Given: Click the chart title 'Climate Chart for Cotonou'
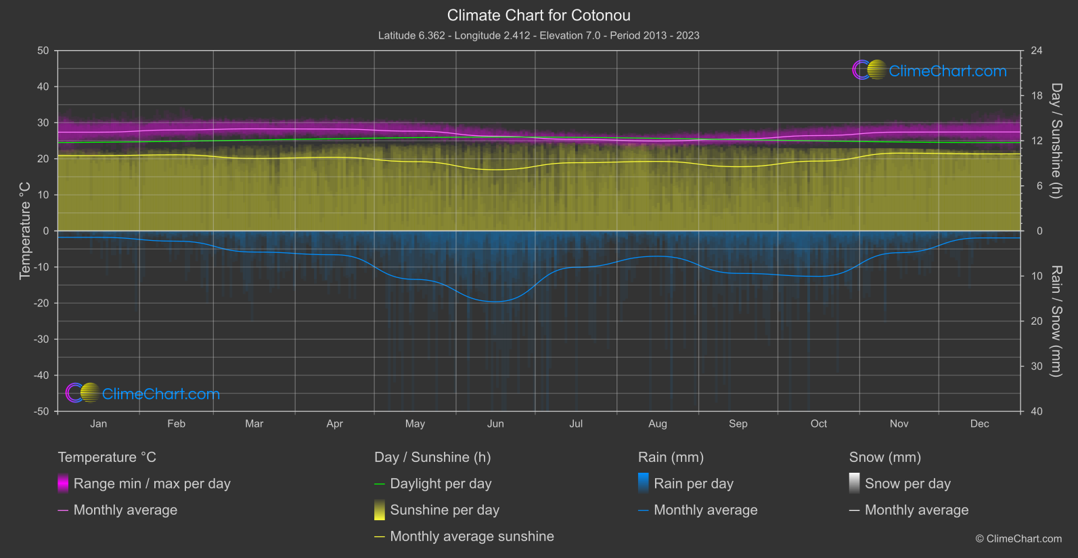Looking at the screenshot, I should pos(539,15).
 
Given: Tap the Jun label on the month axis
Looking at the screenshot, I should pos(495,423).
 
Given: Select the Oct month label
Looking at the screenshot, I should pos(818,423).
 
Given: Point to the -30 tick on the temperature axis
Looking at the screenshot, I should pos(42,340).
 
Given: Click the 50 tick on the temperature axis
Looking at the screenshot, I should pos(43,51).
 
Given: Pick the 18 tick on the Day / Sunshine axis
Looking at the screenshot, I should pos(1037,96).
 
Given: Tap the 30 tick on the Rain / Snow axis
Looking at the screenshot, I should pos(1037,367).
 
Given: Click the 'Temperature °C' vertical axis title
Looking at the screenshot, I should pos(25,231).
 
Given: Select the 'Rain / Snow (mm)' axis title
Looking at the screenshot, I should pos(1056,321).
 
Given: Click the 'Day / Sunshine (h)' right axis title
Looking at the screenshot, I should pos(1056,141).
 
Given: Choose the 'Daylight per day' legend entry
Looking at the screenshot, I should pos(441,484).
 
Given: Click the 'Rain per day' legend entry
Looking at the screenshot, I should pos(693,484).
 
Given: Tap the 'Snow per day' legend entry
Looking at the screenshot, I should pos(907,484).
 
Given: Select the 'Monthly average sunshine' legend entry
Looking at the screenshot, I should pos(472,536).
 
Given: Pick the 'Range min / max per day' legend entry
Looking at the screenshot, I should pos(152,484).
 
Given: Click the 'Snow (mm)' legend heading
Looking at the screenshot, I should pos(884,457).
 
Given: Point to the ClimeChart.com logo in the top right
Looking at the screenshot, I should pos(930,70).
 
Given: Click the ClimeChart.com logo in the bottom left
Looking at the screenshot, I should pos(143,394).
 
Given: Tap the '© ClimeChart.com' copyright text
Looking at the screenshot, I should pos(1018,538).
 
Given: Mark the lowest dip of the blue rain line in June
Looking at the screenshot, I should pos(496,302).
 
